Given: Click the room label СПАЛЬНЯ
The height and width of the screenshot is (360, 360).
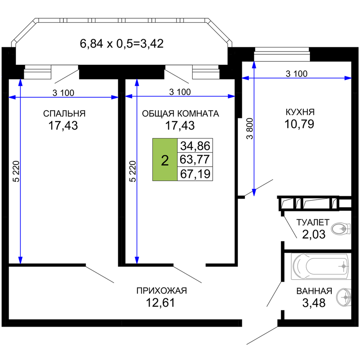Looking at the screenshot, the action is point(64,114).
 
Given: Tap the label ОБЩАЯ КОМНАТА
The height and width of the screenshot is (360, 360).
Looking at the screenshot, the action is point(180,114).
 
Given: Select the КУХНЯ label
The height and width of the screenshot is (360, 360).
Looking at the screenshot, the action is point(300,112).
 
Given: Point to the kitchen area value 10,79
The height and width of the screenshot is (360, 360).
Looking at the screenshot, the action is point(299,124).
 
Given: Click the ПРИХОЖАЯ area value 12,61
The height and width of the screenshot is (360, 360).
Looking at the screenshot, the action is point(161,303).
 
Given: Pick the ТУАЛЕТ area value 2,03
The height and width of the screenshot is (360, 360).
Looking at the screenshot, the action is point(314,235).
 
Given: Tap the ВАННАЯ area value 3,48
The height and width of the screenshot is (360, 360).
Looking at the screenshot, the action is point(314,303).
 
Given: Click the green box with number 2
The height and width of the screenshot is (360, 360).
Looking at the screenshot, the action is point(165,160).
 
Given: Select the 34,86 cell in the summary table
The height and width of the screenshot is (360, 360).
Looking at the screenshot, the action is point(195,146).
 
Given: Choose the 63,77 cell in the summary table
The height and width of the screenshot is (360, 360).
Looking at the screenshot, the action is point(195,159).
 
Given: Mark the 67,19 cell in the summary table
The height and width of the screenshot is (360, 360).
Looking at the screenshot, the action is point(195,174).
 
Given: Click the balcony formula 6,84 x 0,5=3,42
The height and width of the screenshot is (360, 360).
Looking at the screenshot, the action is point(122,44).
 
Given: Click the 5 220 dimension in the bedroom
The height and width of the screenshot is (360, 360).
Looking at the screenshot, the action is point(16,171).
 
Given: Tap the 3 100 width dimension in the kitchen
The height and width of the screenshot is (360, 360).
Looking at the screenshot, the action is point(296,74).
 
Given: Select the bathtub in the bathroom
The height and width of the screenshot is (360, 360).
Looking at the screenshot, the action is point(321,266).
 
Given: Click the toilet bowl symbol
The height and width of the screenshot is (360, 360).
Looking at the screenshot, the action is point(341,229).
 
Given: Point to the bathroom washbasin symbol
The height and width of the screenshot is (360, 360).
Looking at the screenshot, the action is point(344,297).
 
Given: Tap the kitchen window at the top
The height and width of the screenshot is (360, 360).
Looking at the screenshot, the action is point(282,54).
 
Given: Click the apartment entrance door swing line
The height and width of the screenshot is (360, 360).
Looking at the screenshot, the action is point(262,335).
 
